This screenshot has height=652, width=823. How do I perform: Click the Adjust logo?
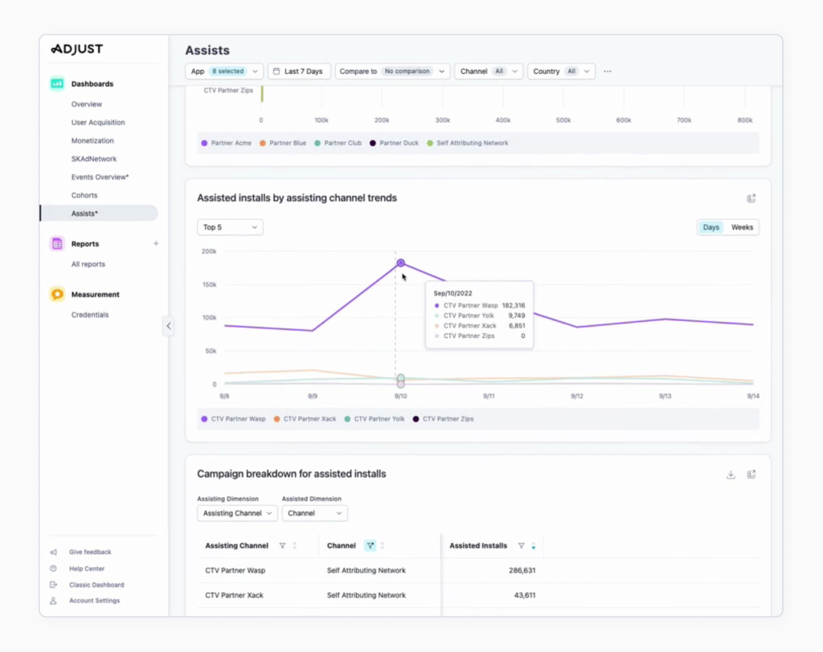pyautogui.click(x=77, y=49)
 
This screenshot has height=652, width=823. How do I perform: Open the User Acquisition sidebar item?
pyautogui.click(x=97, y=123)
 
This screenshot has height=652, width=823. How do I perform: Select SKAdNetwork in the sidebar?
pyautogui.click(x=93, y=159)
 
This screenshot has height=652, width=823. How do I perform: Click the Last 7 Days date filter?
pyautogui.click(x=298, y=71)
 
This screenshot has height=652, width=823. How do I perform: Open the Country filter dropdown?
pyautogui.click(x=561, y=71)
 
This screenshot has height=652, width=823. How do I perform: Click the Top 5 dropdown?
pyautogui.click(x=230, y=227)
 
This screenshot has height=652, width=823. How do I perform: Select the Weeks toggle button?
pyautogui.click(x=742, y=227)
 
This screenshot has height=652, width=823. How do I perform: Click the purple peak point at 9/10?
pyautogui.click(x=400, y=263)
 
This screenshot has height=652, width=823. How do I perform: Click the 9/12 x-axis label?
pyautogui.click(x=576, y=396)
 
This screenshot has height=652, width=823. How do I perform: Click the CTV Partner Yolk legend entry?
pyautogui.click(x=374, y=419)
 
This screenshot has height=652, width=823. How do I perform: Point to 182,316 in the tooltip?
pyautogui.click(x=513, y=305)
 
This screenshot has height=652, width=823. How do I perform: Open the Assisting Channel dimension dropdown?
pyautogui.click(x=237, y=513)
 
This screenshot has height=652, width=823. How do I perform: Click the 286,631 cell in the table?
pyautogui.click(x=520, y=571)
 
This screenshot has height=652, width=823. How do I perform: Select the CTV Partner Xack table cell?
pyautogui.click(x=234, y=596)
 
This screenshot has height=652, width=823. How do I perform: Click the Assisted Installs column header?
pyautogui.click(x=478, y=546)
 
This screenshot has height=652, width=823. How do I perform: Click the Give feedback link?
pyautogui.click(x=90, y=552)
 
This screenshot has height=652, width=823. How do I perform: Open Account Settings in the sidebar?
pyautogui.click(x=94, y=601)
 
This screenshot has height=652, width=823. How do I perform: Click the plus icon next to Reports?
pyautogui.click(x=156, y=244)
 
